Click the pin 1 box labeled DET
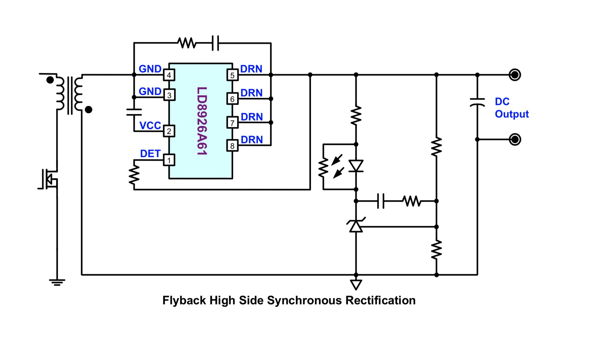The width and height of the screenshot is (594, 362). tap(169, 160)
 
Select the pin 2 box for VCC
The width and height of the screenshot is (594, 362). tap(169, 131)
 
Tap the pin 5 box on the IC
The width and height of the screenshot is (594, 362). tap(232, 75)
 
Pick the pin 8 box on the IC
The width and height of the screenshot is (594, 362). tap(232, 146)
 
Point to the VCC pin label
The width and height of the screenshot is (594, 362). tap(150, 125)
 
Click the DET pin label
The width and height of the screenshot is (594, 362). tap(150, 154)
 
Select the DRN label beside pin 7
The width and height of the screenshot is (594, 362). tap(252, 117)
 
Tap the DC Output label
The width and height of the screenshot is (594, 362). tap(512, 108)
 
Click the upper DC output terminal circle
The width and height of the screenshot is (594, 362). tap(515, 75)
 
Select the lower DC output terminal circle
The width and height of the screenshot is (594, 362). tap(515, 140)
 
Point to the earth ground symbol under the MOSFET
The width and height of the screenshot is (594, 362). tap(57, 282)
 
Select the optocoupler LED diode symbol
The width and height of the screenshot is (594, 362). tap(356, 166)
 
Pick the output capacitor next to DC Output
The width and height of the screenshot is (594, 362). tap(477, 102)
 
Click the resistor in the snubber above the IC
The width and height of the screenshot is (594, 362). tap(187, 43)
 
